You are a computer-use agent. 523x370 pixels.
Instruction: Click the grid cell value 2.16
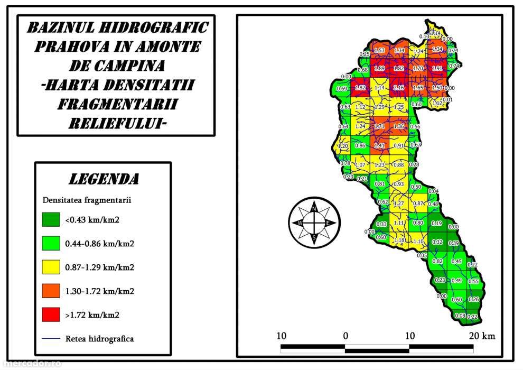[x=399, y=88]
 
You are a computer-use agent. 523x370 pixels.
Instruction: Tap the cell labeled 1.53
[x=379, y=51]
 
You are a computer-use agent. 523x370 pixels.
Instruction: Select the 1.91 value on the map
[x=437, y=69]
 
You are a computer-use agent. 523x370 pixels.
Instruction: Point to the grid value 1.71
[x=379, y=127]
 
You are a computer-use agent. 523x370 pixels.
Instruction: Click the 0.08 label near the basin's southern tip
[x=460, y=316]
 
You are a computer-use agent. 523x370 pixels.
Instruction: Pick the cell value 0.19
[x=436, y=224]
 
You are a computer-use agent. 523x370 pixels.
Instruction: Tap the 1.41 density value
[x=379, y=145]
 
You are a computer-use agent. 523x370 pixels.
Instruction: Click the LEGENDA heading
[x=104, y=179]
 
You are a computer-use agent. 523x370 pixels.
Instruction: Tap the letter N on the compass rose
[x=314, y=209]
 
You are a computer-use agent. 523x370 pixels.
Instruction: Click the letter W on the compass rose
[x=300, y=223]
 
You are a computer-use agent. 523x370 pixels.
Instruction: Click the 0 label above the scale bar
[x=345, y=336]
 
